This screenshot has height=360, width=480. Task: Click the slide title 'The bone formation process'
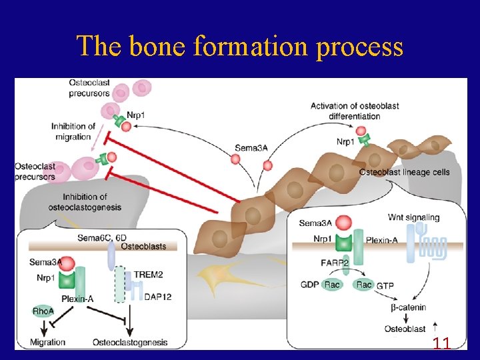(240, 47)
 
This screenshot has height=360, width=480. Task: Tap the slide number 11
(441, 344)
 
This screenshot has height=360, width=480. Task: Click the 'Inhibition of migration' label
(73, 131)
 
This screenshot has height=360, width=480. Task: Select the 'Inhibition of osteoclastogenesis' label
(85, 202)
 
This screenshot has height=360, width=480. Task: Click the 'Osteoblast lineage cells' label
(404, 173)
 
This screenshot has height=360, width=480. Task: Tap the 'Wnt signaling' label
(413, 217)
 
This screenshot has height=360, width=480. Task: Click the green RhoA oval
(44, 311)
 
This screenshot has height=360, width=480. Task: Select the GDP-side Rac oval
(331, 285)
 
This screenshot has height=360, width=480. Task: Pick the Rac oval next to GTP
(364, 285)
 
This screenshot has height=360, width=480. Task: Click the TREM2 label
(157, 275)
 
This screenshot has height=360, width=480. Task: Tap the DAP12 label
(157, 297)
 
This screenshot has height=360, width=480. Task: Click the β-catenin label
(408, 307)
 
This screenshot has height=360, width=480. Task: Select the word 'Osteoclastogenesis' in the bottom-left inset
(130, 342)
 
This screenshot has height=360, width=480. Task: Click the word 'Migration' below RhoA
(47, 342)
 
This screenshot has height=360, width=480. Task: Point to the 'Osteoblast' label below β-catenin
(405, 329)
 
